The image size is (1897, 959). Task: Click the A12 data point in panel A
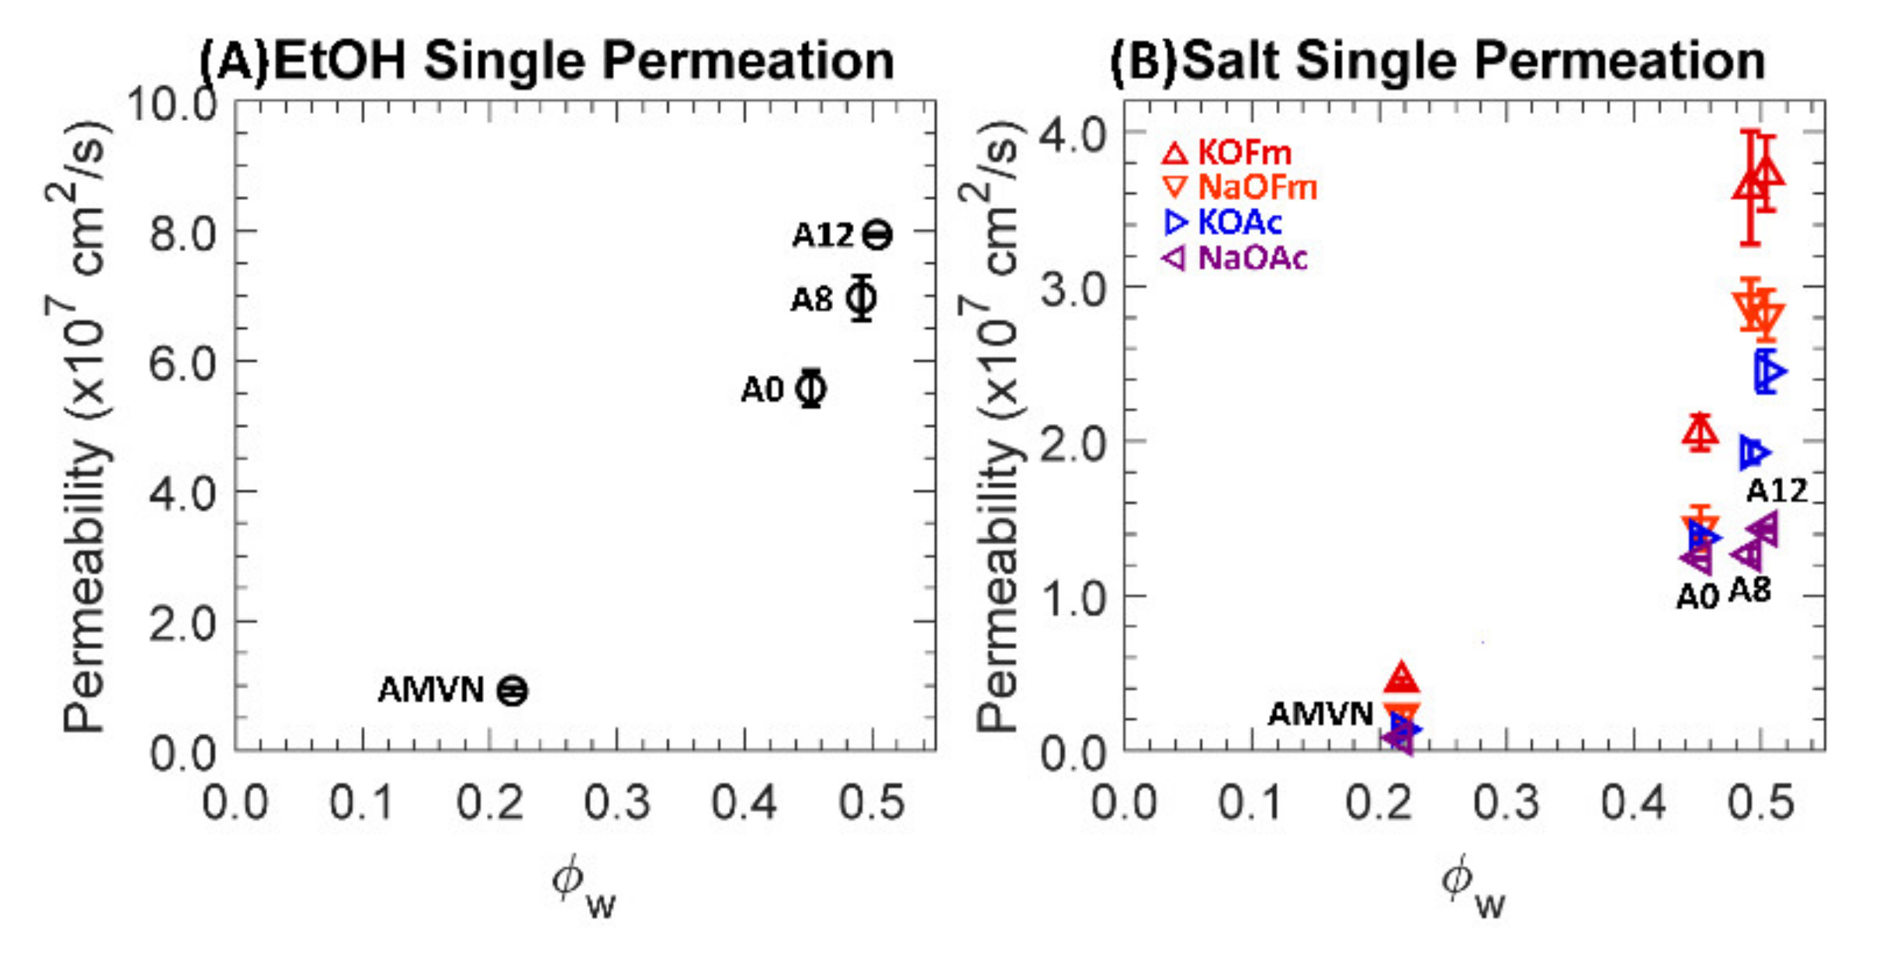pyautogui.click(x=876, y=235)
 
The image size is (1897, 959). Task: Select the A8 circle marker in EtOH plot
pyautogui.click(x=861, y=298)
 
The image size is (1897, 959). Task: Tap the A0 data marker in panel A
pyautogui.click(x=811, y=388)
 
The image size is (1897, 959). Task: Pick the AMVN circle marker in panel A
pyautogui.click(x=512, y=690)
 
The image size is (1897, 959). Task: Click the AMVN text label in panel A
pyautogui.click(x=431, y=690)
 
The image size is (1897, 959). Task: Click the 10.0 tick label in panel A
pyautogui.click(x=173, y=105)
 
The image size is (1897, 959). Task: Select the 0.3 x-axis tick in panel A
pyautogui.click(x=617, y=802)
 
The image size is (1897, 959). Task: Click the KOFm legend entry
pyautogui.click(x=1227, y=153)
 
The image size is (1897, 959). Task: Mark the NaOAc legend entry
pyautogui.click(x=1235, y=258)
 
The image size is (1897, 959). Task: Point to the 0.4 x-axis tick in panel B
pyautogui.click(x=1633, y=802)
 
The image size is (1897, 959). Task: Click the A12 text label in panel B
pyautogui.click(x=1777, y=490)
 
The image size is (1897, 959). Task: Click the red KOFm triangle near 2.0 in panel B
pyautogui.click(x=1700, y=433)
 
